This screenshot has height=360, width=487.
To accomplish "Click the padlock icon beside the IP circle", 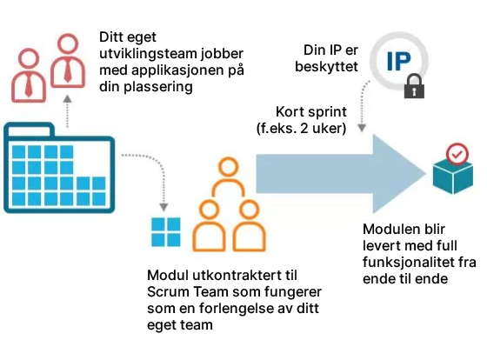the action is click(414, 86).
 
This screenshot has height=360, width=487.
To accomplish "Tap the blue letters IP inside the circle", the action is click(399, 62).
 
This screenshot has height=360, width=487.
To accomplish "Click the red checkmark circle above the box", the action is click(457, 154).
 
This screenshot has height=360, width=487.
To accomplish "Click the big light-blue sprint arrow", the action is click(340, 174).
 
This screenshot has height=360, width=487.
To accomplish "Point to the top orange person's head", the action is click(228, 168).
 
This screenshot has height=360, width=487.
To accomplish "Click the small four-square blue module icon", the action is click(165, 232).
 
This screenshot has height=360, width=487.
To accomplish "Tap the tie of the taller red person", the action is click(68, 70).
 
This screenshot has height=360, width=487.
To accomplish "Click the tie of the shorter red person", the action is click(29, 86).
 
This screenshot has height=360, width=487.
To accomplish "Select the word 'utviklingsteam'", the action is click(149, 54).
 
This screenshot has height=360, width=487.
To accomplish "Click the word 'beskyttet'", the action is click(326, 66).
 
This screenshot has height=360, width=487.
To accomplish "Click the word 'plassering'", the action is click(158, 87).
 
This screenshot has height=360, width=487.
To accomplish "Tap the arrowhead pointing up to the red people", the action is click(67, 99).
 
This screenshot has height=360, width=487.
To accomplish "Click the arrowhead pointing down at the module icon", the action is click(163, 207).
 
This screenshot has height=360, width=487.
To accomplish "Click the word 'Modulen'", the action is click(388, 229).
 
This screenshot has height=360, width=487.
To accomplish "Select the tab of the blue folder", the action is click(30, 130).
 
